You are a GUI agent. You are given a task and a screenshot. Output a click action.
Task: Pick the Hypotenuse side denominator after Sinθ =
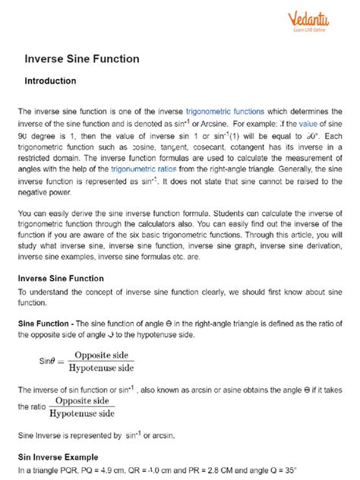(100, 369)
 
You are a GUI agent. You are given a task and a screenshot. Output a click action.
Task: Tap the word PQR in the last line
(75, 472)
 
